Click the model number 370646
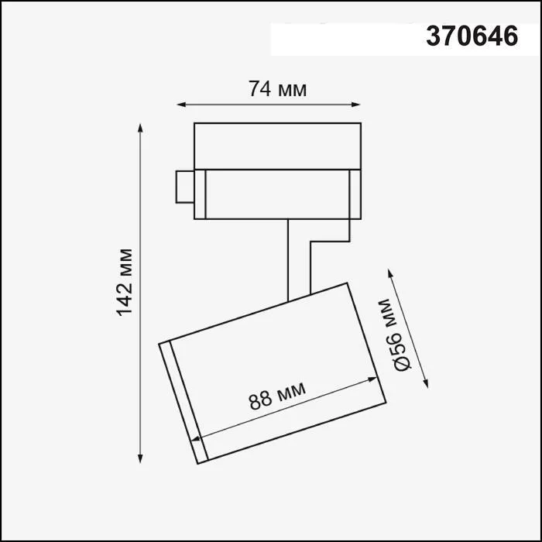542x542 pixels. click(x=471, y=36)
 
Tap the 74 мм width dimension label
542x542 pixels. click(x=277, y=89)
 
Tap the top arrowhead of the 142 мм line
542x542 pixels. click(x=140, y=126)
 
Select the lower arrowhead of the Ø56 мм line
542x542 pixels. click(x=426, y=381)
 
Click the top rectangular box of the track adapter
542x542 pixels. click(x=277, y=144)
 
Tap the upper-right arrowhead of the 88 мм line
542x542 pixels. click(x=376, y=378)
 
